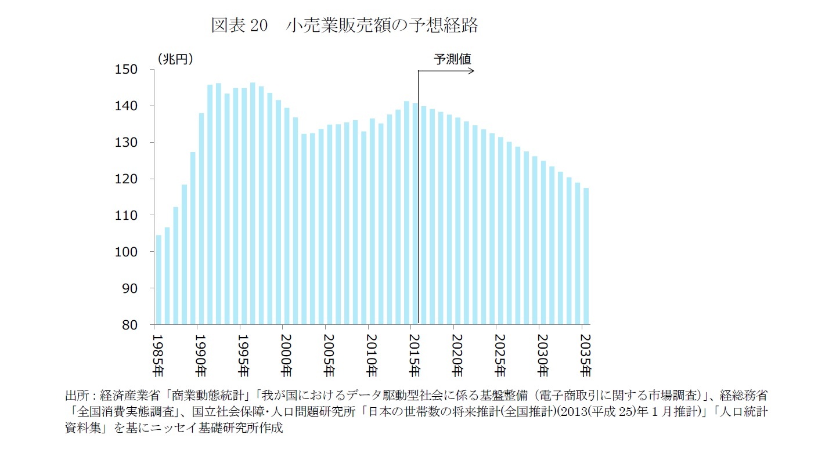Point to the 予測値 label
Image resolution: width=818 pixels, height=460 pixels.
coord(452,59)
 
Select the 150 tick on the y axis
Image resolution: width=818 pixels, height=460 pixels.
coord(128,70)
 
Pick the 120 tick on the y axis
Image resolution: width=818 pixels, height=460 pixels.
coord(128,179)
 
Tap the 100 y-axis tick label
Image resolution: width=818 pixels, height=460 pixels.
coord(128,252)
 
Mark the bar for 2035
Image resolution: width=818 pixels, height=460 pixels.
coord(586,256)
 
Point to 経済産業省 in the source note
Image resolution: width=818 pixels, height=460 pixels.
coord(128,396)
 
